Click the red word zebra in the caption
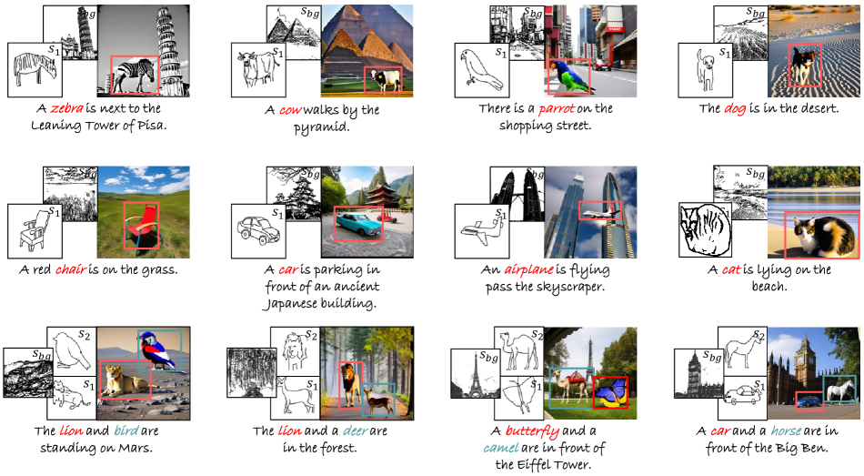(x=66, y=108)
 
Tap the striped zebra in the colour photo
(x=135, y=75)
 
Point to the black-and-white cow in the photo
(x=384, y=80)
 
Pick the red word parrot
(x=557, y=108)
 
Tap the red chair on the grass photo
(x=141, y=226)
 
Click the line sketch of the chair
(x=35, y=231)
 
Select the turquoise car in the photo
(x=358, y=225)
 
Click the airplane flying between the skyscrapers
(x=599, y=211)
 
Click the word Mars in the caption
(x=136, y=448)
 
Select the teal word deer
(x=356, y=430)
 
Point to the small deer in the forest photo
(x=377, y=400)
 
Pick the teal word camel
(x=501, y=448)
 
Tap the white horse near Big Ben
(x=839, y=390)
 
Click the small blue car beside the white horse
(x=809, y=400)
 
